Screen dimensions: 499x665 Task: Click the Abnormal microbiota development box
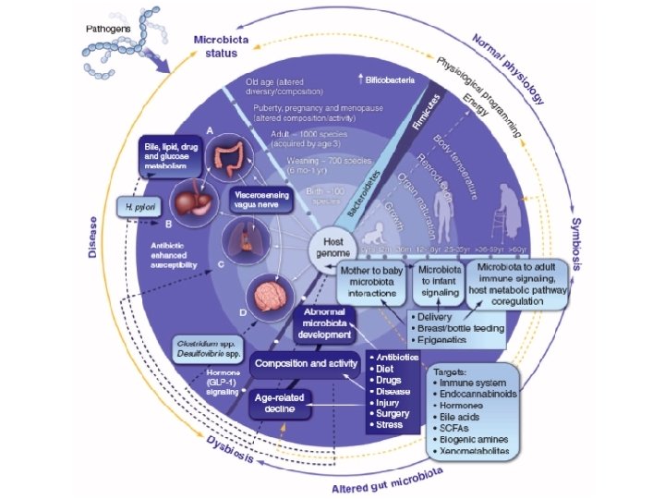pos(334,324)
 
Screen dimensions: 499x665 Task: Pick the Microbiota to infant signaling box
pos(440,280)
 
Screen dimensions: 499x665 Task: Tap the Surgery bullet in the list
pos(394,413)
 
